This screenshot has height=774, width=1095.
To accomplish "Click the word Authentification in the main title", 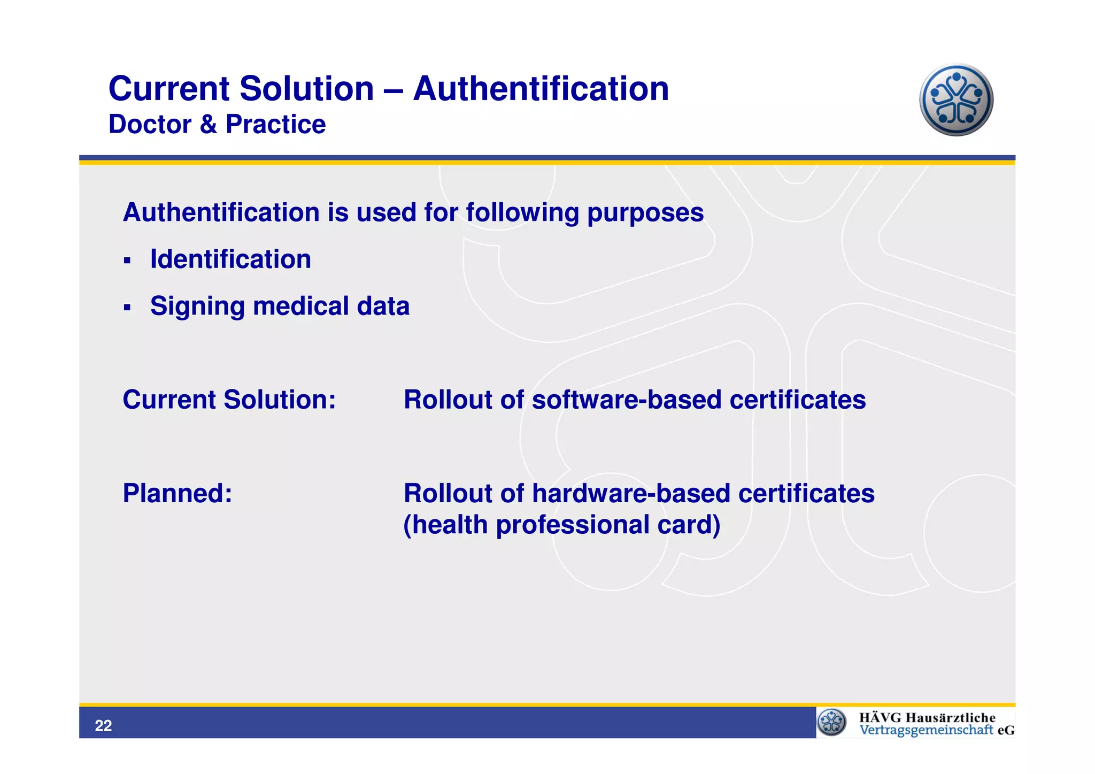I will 541,89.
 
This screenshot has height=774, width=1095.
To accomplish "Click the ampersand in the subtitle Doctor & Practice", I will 208,125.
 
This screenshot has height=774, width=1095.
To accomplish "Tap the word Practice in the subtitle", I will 275,125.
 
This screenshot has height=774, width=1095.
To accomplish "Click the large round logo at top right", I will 956,100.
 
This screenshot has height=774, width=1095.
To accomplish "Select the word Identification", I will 230,259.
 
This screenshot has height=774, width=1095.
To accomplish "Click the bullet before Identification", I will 127,261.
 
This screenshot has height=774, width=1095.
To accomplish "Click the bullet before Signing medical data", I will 127,308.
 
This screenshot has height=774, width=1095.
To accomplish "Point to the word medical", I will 300,306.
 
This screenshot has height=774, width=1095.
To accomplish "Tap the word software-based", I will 627,400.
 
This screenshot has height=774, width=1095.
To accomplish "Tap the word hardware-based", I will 631,493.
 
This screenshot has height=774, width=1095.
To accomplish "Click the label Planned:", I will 178,493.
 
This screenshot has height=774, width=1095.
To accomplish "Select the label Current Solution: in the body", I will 229,400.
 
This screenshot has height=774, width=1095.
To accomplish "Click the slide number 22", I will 103,726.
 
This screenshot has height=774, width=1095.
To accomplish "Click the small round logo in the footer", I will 832,722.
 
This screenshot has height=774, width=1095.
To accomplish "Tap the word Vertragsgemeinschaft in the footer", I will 926,730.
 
